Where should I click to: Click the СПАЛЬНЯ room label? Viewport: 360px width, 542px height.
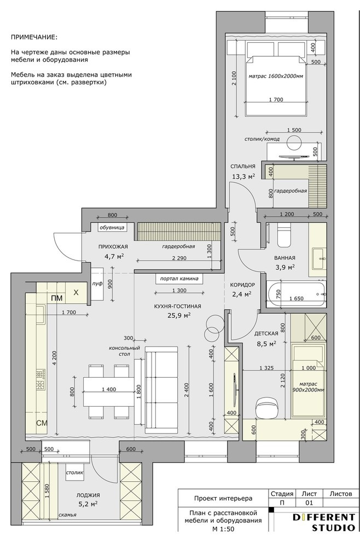pos(243,166)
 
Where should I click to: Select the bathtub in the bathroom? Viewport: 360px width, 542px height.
pos(296,294)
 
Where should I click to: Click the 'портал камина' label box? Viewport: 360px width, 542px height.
pos(179,279)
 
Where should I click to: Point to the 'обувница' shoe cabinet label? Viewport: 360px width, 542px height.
pos(112,227)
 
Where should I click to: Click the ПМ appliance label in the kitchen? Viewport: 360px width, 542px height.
pos(57,298)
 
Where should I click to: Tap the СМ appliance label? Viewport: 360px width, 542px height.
pos(42,423)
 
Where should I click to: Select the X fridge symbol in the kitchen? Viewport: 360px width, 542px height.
pos(76,292)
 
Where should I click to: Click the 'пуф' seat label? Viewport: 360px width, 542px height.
pos(97,284)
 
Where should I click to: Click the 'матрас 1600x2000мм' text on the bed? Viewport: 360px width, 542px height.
pos(276,76)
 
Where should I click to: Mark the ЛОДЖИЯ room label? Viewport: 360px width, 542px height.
pos(88,495)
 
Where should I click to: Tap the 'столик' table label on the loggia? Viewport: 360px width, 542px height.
pos(74,472)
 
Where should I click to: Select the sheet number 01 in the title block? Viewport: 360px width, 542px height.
pos(309,503)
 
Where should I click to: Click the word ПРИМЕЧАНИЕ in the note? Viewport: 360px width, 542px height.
pos(34,37)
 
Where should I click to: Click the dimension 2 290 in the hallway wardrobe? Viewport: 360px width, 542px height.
pos(179,258)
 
